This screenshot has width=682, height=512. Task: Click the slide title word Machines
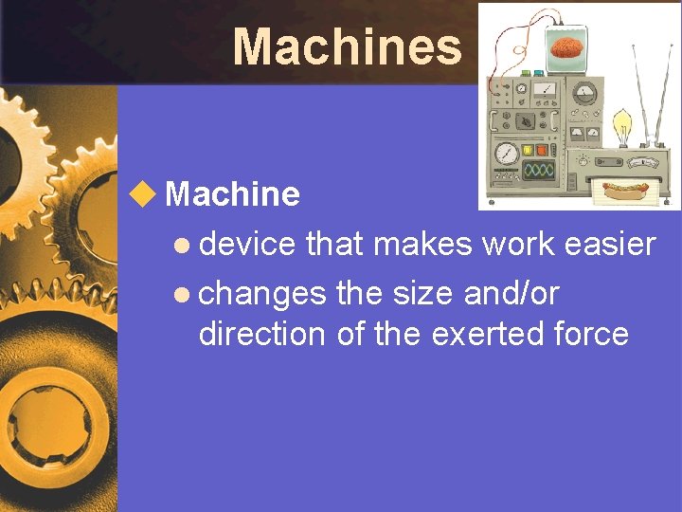pos(347,46)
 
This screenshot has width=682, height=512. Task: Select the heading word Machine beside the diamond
pos(232,194)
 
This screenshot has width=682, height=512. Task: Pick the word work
pos(517,245)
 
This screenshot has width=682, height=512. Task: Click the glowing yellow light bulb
pos(621,123)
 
